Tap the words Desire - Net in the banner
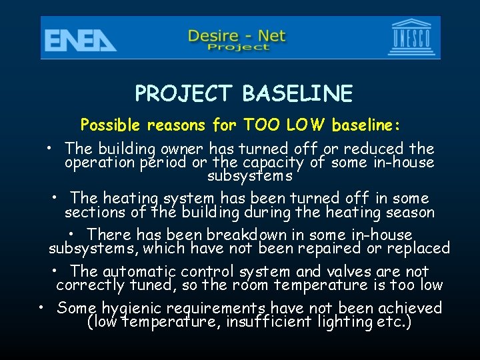238,34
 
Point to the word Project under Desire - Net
238,47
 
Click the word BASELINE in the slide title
297,94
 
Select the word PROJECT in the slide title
185,94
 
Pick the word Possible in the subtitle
110,125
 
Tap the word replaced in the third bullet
420,249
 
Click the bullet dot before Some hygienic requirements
41,308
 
